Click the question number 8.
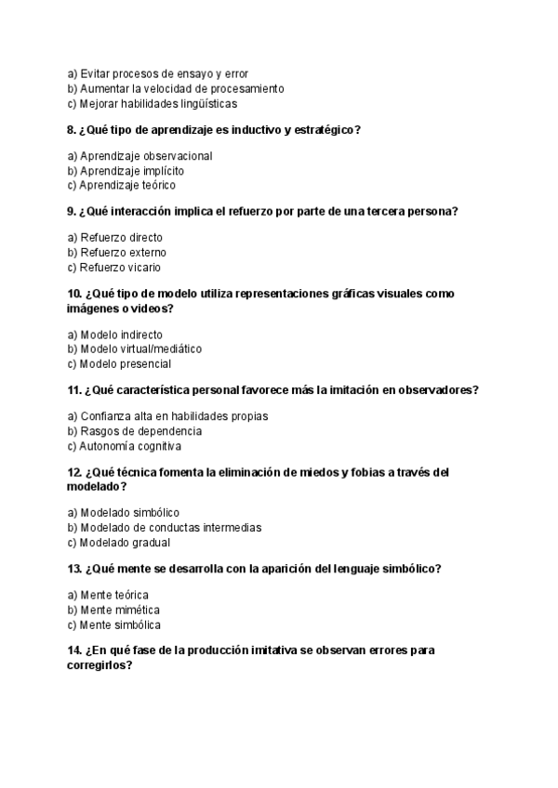(72, 130)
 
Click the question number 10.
(75, 294)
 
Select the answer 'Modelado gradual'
(118, 543)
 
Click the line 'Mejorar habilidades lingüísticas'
(152, 104)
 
